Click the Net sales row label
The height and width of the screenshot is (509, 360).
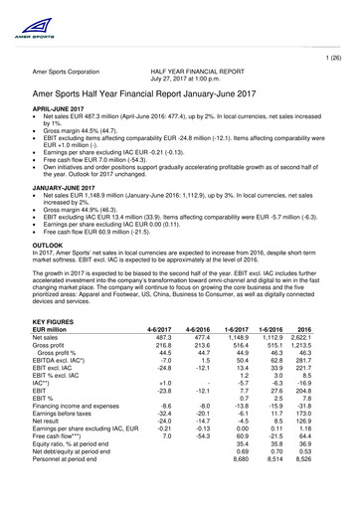(x=51, y=339)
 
